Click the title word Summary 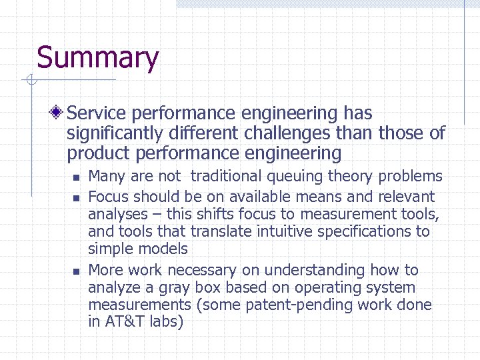(x=97, y=58)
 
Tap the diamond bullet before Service (x=59, y=113)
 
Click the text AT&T (x=122, y=322)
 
